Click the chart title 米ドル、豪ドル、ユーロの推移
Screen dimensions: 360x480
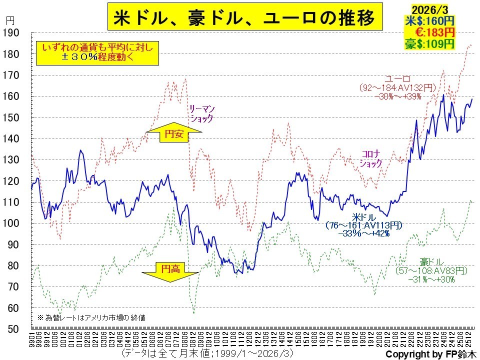[243, 18]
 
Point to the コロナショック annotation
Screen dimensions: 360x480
[371, 158]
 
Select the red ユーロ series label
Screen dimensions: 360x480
[397, 78]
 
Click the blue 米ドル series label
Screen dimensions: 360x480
[363, 217]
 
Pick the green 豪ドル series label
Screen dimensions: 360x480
[431, 262]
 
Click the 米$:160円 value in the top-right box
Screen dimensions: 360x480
[429, 21]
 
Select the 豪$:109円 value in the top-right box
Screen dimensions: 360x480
[429, 43]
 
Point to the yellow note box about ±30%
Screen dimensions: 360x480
[97, 52]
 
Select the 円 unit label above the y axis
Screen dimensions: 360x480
[11, 20]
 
